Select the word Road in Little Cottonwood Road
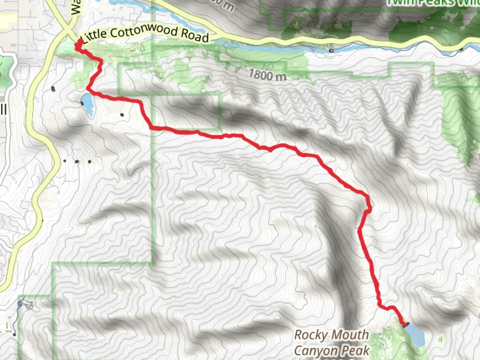click(195, 35)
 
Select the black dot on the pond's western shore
click(82, 103)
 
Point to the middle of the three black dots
click(77, 162)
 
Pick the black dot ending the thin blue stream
click(15, 334)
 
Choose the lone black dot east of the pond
click(122, 115)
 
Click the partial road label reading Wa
click(76, 7)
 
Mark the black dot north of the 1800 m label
click(331, 51)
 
